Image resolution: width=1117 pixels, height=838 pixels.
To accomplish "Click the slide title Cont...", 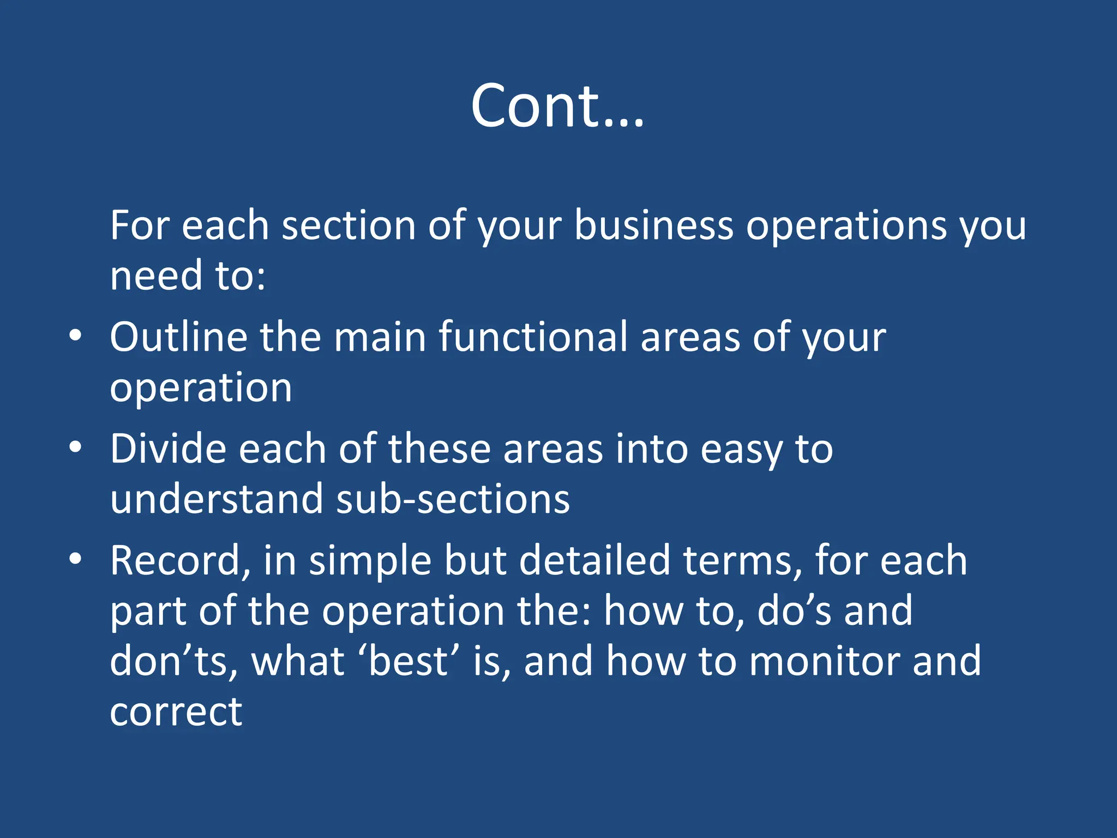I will [x=557, y=106].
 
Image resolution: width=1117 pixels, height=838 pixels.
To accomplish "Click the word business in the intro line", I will [x=653, y=225].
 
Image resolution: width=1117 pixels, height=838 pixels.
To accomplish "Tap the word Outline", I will [x=178, y=337].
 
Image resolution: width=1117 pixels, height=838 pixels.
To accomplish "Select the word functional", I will [x=533, y=337].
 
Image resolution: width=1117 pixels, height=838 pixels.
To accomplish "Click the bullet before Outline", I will [x=76, y=336].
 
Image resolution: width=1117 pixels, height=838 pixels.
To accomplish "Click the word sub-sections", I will [x=453, y=499].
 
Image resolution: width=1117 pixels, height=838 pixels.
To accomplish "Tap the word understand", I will [x=217, y=499].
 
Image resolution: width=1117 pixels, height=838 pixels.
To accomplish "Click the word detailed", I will [x=594, y=560].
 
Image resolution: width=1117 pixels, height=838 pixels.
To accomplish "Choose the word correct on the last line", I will [x=176, y=712].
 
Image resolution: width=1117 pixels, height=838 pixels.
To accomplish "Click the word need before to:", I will [x=156, y=276].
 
